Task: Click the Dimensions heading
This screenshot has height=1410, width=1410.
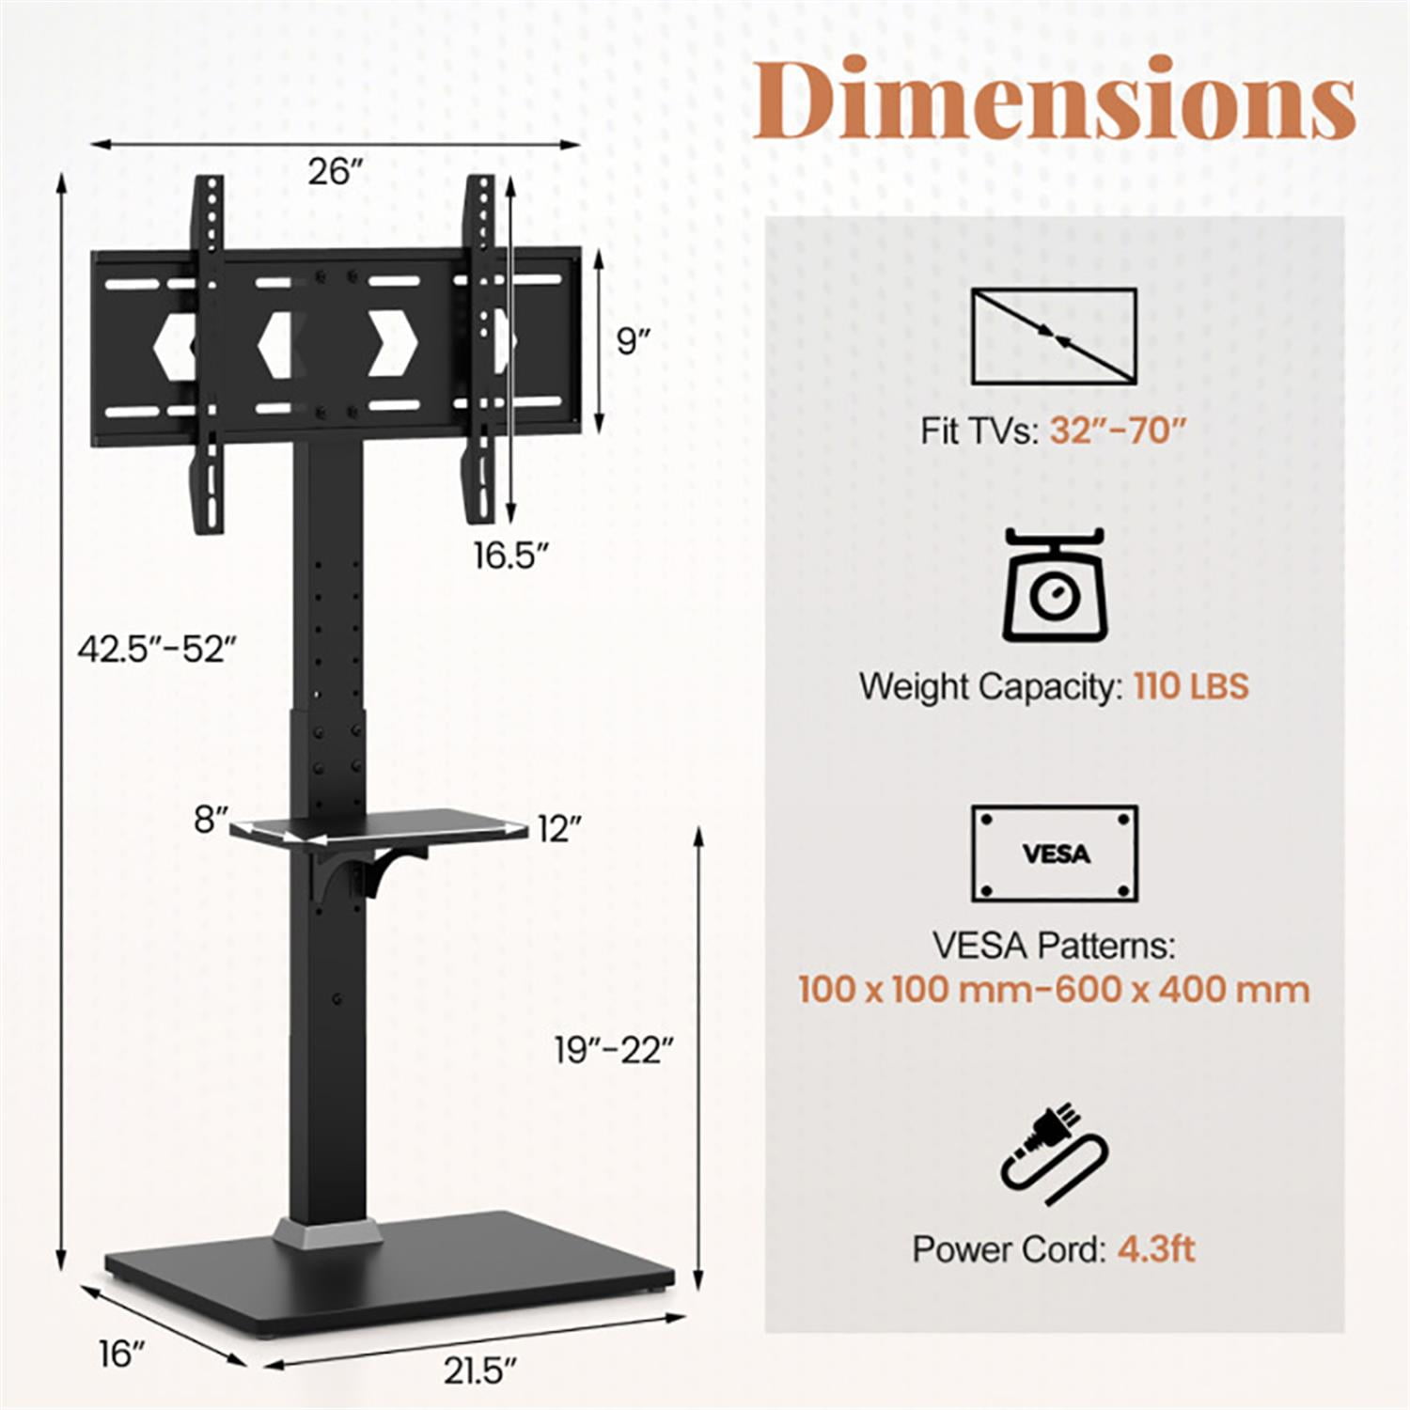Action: click(x=1053, y=100)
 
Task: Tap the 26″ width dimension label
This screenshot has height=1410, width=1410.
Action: click(x=336, y=173)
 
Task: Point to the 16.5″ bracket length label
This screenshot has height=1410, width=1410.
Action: click(x=510, y=556)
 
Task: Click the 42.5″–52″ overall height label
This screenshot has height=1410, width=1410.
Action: click(x=156, y=649)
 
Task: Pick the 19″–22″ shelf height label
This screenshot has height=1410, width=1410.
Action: click(x=614, y=1050)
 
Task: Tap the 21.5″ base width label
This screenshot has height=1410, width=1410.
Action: click(x=480, y=1371)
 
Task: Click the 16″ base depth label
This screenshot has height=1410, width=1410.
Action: click(x=123, y=1355)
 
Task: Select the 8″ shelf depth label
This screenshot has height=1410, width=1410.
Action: click(x=211, y=820)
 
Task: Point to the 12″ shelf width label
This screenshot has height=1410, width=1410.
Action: click(x=560, y=829)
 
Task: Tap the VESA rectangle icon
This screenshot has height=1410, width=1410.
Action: click(x=1054, y=854)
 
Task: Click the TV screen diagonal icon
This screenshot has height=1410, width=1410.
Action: click(x=1054, y=336)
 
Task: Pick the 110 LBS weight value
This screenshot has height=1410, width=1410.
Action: click(x=1191, y=686)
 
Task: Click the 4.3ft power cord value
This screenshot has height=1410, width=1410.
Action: click(x=1156, y=1249)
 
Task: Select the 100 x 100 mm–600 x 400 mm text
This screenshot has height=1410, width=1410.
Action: click(x=1054, y=990)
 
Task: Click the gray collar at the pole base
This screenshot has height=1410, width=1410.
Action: click(x=328, y=1232)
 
